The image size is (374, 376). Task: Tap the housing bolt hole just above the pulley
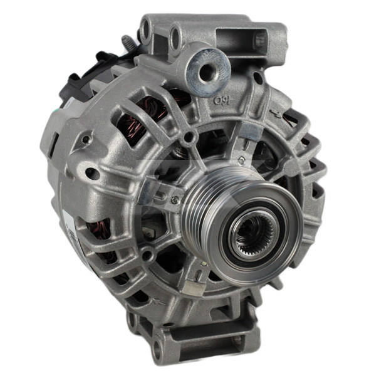(188, 137)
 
